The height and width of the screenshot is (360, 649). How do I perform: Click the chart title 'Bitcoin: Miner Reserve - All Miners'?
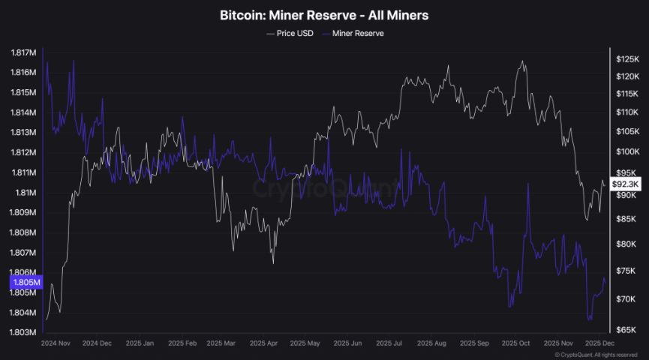[324, 14]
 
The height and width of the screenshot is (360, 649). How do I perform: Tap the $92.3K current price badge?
[625, 184]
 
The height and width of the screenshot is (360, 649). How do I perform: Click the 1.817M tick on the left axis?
[24, 52]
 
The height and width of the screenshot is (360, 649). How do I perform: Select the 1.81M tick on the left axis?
[24, 192]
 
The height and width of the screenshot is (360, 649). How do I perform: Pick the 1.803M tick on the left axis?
[24, 332]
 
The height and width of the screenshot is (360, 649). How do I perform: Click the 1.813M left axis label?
[24, 133]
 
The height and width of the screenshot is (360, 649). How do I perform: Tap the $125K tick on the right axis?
[627, 58]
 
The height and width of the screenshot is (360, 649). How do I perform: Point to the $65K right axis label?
[627, 330]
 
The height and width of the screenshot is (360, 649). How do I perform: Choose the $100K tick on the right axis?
[627, 151]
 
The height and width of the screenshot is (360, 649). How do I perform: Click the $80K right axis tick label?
[627, 244]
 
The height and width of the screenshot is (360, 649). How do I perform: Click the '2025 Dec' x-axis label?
[599, 343]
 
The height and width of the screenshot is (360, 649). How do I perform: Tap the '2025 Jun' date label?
[347, 343]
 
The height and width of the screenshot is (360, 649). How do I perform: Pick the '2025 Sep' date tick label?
[475, 343]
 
